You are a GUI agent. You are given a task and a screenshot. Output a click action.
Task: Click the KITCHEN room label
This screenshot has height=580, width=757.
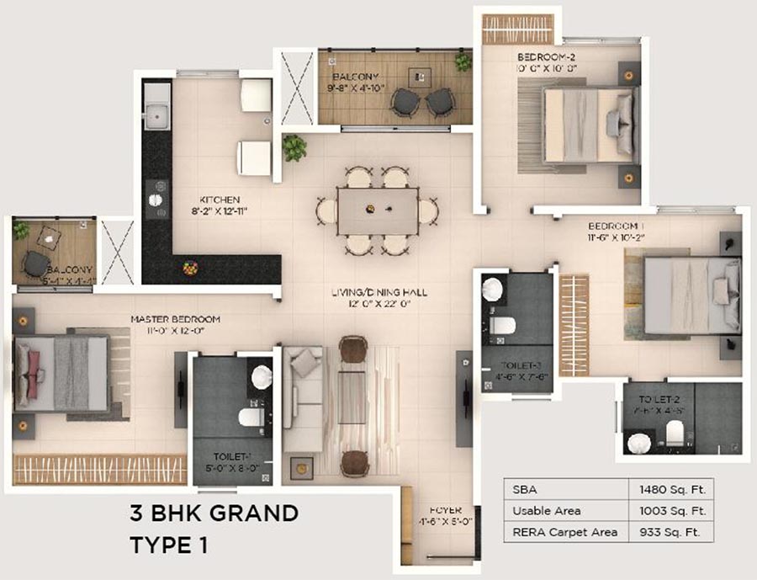pyautogui.click(x=197, y=200)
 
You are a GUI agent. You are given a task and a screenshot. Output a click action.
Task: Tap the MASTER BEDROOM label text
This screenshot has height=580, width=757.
pyautogui.click(x=175, y=319)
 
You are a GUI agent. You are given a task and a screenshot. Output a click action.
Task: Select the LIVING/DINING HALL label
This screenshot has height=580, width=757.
pyautogui.click(x=378, y=292)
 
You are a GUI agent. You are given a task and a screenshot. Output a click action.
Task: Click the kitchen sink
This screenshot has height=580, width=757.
pyautogui.click(x=156, y=114)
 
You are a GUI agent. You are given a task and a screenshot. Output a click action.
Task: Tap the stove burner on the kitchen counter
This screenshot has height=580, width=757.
pyautogui.click(x=156, y=200)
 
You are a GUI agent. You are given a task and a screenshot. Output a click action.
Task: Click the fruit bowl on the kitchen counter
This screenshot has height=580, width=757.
pyautogui.click(x=191, y=268)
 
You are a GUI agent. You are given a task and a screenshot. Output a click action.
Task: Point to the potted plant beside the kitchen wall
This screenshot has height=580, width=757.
pyautogui.click(x=294, y=148)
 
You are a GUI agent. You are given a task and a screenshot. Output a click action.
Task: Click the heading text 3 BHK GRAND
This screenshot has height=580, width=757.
pyautogui.click(x=214, y=513)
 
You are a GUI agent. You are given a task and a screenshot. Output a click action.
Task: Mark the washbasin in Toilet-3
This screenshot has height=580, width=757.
pyautogui.click(x=493, y=289)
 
